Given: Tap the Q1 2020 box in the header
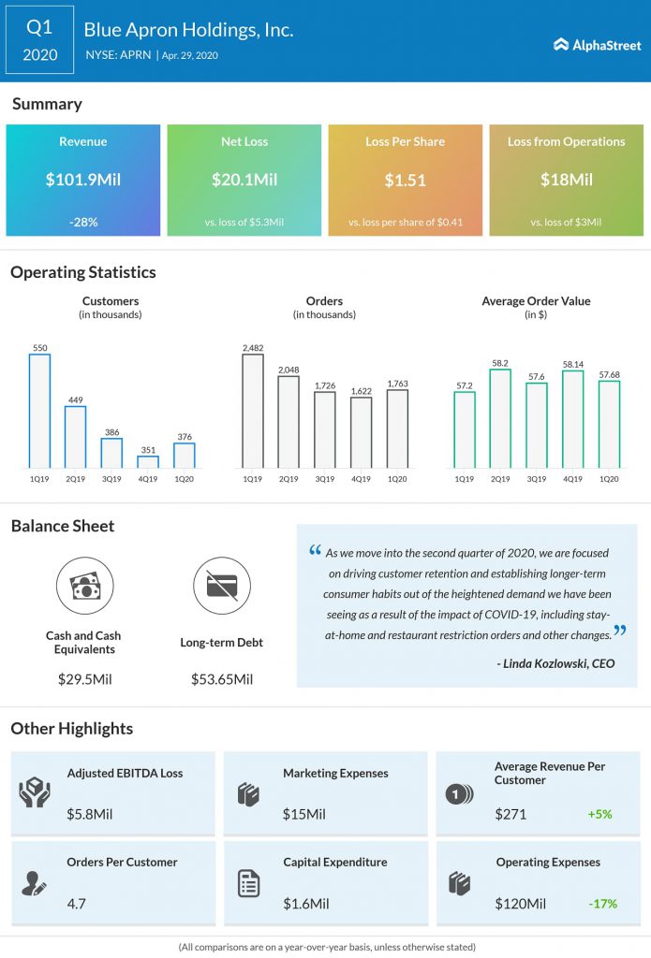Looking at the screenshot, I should pyautogui.click(x=39, y=40).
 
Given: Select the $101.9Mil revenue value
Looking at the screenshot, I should pyautogui.click(x=82, y=180).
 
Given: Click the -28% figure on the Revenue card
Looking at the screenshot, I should pyautogui.click(x=82, y=222).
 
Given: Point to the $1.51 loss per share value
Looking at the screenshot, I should pyautogui.click(x=405, y=180).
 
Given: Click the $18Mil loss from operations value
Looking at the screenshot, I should pyautogui.click(x=566, y=180).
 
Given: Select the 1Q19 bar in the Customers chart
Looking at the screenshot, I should pyautogui.click(x=39, y=411).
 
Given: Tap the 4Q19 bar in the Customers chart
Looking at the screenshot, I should pyautogui.click(x=148, y=461).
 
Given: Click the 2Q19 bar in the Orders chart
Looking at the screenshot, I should pyautogui.click(x=289, y=422).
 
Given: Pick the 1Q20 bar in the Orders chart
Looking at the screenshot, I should pyautogui.click(x=397, y=428).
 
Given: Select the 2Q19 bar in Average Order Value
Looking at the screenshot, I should pyautogui.click(x=500, y=418).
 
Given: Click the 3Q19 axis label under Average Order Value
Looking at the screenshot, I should pyautogui.click(x=536, y=479).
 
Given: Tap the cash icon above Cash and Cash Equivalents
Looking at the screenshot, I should pyautogui.click(x=83, y=586).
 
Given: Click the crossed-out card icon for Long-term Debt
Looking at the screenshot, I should pyautogui.click(x=221, y=586).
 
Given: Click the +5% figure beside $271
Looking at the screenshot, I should pyautogui.click(x=599, y=814).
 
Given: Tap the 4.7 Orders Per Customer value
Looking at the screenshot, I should pyautogui.click(x=77, y=904).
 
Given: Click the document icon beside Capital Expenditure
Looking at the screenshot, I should pyautogui.click(x=248, y=883).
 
